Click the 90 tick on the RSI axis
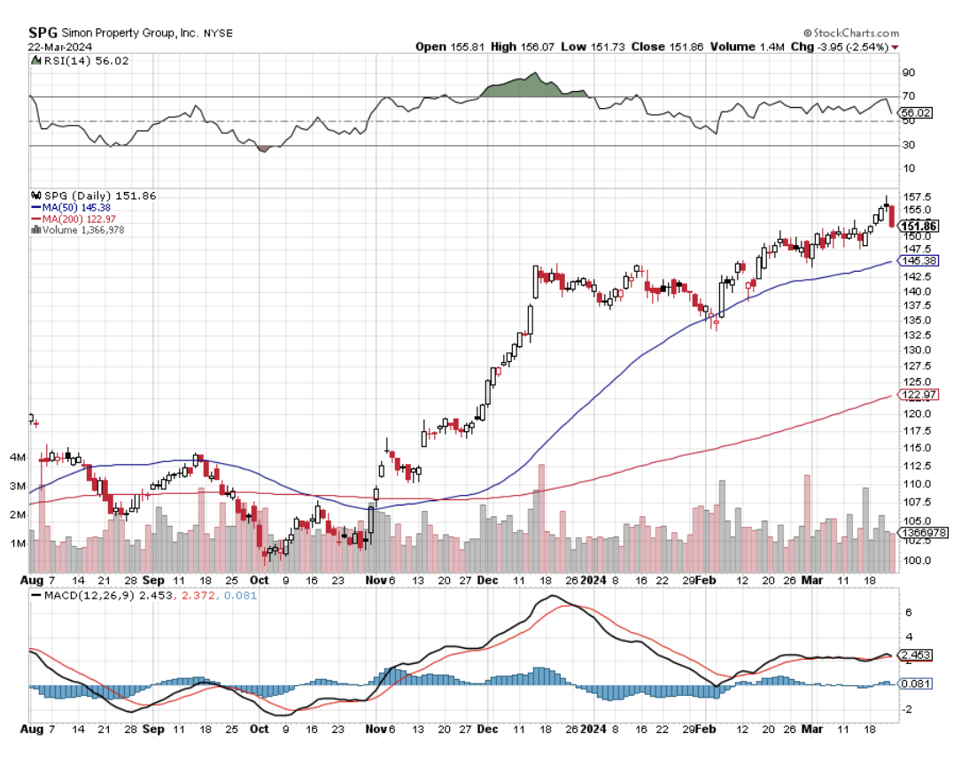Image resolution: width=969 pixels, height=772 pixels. click(x=907, y=73)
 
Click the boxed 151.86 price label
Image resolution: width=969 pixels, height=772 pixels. click(x=919, y=226)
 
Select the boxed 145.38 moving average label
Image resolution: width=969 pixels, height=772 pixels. click(x=919, y=261)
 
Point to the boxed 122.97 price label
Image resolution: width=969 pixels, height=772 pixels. click(x=919, y=394)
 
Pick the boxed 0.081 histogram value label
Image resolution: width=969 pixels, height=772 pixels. click(x=913, y=683)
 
